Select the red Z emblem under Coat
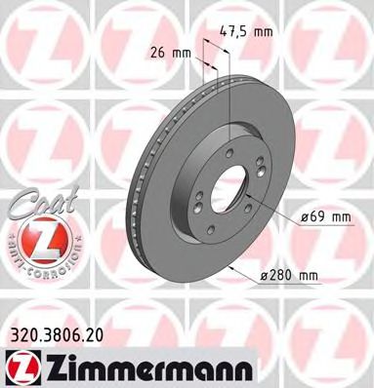34,236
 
